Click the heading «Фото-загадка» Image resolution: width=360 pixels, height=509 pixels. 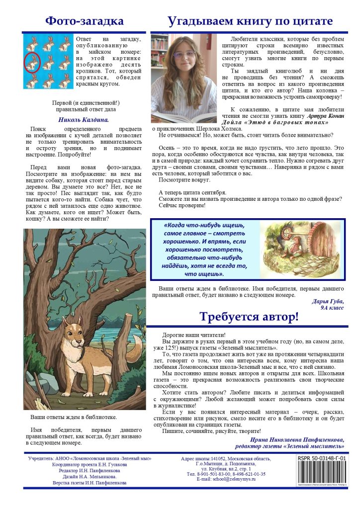click(x=84, y=21)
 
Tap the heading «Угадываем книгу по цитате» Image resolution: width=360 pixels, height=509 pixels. click(x=250, y=21)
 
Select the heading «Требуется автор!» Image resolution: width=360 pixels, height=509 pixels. click(x=249, y=317)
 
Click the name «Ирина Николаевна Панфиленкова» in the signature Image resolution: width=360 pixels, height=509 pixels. click(x=296, y=439)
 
